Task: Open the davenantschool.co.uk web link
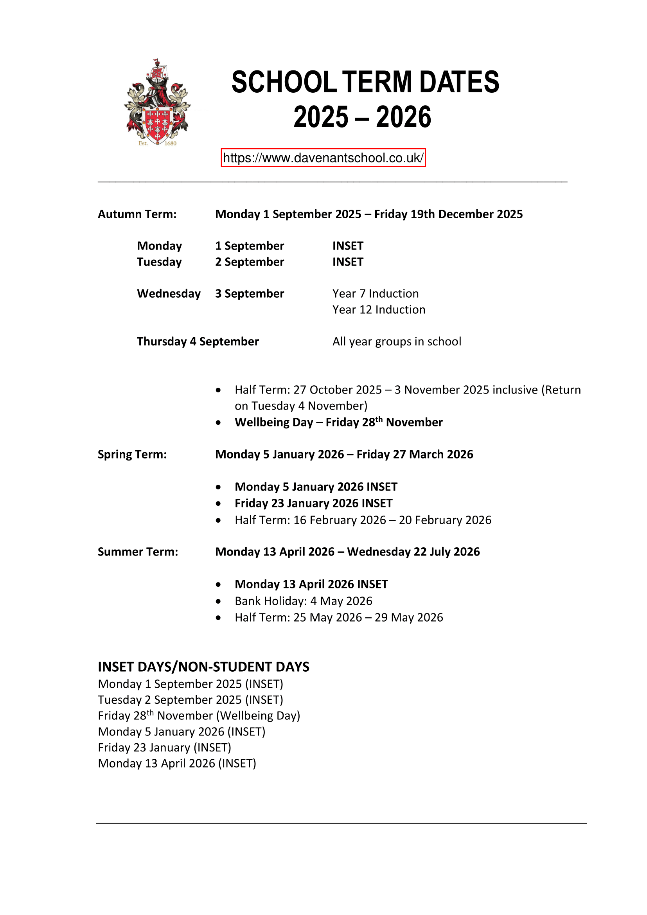tap(323, 158)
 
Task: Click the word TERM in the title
tap(377, 82)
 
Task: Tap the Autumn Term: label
tap(137, 214)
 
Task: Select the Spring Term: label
tap(132, 455)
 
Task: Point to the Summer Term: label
tap(138, 552)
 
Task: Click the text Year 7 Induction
tap(375, 294)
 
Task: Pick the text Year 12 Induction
tap(379, 310)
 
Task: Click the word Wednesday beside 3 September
tap(169, 294)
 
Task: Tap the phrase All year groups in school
tap(396, 342)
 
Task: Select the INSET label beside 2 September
tap(348, 262)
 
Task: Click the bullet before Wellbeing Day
tap(218, 423)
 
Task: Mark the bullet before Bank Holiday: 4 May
tap(218, 601)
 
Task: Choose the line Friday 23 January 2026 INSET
tap(314, 503)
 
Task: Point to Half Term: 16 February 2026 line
tap(363, 520)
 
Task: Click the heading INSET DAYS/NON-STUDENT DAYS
tap(203, 667)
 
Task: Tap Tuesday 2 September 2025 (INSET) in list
tap(191, 700)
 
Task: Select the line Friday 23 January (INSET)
tap(165, 748)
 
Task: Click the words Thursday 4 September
tap(198, 342)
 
